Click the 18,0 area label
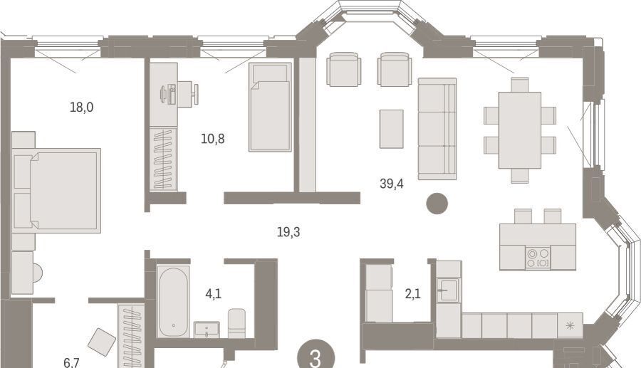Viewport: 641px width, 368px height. tap(82, 107)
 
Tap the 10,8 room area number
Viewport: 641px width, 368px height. tap(212, 139)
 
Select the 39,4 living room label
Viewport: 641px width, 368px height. tap(392, 184)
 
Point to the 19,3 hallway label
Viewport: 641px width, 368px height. tap(288, 232)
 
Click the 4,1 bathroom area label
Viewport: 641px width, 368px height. tap(214, 293)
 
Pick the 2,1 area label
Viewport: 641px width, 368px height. tap(413, 293)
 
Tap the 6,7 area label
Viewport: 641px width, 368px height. tap(71, 362)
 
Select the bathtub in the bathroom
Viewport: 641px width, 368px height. tap(173, 302)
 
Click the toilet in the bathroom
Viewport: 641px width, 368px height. tap(236, 323)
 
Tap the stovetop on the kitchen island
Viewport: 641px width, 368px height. tap(538, 258)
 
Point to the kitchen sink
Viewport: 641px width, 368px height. tap(449, 290)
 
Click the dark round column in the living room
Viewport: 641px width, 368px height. tap(437, 204)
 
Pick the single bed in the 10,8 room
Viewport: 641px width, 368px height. tap(270, 107)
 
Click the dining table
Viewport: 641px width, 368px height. tap(520, 130)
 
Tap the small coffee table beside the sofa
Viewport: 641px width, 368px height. tap(391, 129)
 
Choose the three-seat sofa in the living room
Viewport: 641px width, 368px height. tap(437, 129)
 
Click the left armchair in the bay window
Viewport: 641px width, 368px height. tap(344, 69)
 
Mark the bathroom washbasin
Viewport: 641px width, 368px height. tap(207, 330)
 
